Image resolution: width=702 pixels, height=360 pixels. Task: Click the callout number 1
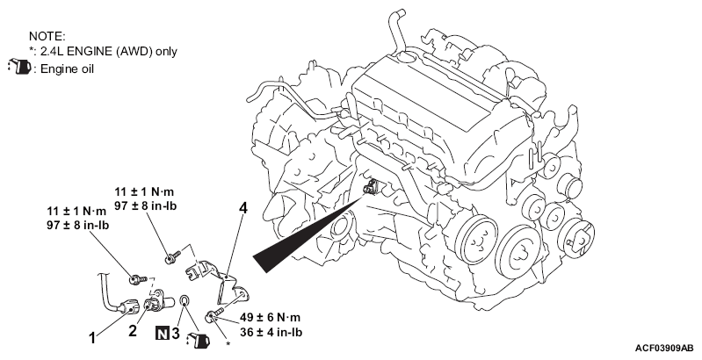click(92, 338)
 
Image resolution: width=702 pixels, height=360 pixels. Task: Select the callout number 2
click(133, 331)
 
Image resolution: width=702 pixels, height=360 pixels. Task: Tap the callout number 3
click(175, 333)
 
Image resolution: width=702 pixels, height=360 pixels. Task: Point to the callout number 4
click(243, 208)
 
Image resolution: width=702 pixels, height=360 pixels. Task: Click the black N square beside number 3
click(162, 333)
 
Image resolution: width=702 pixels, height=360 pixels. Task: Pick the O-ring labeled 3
click(185, 300)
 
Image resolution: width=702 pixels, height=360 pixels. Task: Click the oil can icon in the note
click(18, 67)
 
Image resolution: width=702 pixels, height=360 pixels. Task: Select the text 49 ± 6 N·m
click(270, 318)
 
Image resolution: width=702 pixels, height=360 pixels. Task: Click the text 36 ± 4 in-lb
click(271, 332)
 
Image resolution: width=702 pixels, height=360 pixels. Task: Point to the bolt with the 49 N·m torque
click(216, 314)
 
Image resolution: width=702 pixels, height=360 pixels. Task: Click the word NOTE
click(47, 36)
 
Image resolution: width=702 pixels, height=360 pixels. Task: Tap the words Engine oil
click(67, 68)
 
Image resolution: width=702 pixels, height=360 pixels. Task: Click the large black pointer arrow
click(309, 234)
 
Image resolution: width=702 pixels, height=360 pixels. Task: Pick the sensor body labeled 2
click(158, 301)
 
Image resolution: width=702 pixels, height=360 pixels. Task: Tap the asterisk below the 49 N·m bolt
click(228, 344)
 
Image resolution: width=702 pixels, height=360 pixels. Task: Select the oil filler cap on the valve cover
click(407, 57)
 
